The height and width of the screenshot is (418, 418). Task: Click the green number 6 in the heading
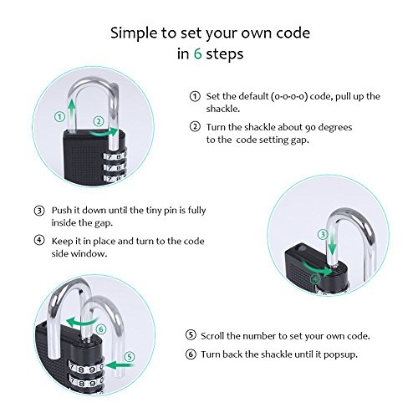197,54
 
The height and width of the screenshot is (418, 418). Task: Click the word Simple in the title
134,33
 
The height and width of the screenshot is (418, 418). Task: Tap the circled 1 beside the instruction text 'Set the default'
195,96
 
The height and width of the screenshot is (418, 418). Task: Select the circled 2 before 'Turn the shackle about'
195,127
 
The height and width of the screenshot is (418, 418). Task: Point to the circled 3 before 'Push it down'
39,211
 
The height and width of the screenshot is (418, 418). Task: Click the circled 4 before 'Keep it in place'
39,240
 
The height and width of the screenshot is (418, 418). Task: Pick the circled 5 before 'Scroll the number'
191,335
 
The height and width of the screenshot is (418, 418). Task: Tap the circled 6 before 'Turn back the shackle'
191,354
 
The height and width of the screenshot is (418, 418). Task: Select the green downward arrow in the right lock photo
332,243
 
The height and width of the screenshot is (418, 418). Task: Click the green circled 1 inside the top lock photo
59,116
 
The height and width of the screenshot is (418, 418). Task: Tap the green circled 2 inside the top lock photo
99,121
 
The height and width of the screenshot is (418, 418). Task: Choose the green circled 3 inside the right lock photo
323,234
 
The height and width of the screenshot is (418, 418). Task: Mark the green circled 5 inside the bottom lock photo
130,357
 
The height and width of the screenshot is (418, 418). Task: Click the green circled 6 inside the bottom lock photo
101,329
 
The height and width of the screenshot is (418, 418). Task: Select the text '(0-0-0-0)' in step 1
289,96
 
